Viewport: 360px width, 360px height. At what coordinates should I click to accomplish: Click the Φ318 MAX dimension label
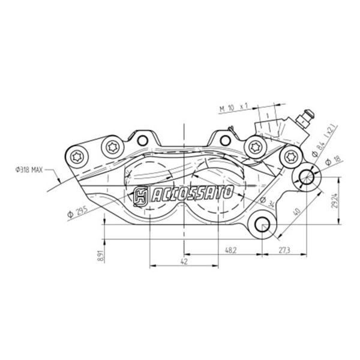[29, 170]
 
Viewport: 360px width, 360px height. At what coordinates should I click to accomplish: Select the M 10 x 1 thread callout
[234, 107]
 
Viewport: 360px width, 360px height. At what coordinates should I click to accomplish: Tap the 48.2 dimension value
[230, 250]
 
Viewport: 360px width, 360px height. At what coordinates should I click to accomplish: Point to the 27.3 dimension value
[284, 250]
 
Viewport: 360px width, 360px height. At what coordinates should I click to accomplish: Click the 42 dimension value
[184, 262]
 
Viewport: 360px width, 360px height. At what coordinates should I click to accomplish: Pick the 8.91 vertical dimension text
[101, 256]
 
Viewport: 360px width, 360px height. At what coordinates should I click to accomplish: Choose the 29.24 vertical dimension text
[335, 202]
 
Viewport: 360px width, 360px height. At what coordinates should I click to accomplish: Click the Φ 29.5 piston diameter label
[77, 212]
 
